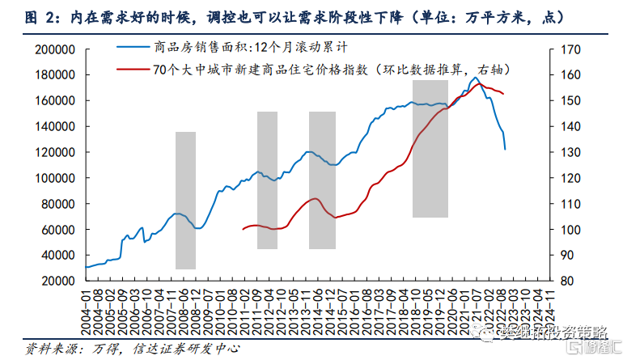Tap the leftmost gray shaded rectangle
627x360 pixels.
[185, 200]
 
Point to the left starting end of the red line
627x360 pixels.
[243, 229]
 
